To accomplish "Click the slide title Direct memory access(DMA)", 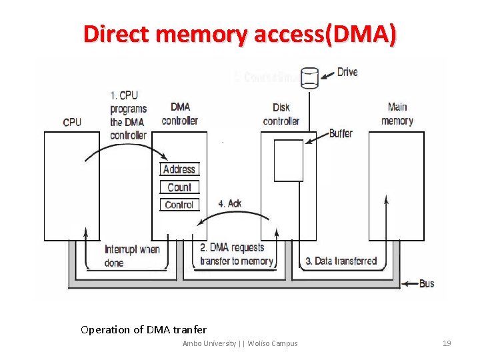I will (239, 34).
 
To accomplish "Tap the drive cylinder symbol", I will (309, 77).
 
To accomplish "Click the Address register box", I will (179, 169).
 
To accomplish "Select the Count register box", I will (179, 187).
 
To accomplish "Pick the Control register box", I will (179, 205).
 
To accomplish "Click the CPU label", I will (72, 122).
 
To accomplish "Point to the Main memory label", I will (397, 114).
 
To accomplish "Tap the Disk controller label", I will (281, 114).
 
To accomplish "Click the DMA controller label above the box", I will (179, 114).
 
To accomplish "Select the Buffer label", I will (341, 133).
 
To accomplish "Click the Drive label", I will (347, 72).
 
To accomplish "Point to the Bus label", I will (427, 283).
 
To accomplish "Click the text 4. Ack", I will (230, 203).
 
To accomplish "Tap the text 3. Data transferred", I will (341, 261).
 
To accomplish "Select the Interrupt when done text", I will (132, 256).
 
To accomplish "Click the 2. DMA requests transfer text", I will (237, 254).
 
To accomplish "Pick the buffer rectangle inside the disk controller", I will (289, 160).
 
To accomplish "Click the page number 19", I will (447, 343).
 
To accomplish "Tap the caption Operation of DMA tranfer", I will (143, 329).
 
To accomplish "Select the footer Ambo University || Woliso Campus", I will (240, 343).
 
